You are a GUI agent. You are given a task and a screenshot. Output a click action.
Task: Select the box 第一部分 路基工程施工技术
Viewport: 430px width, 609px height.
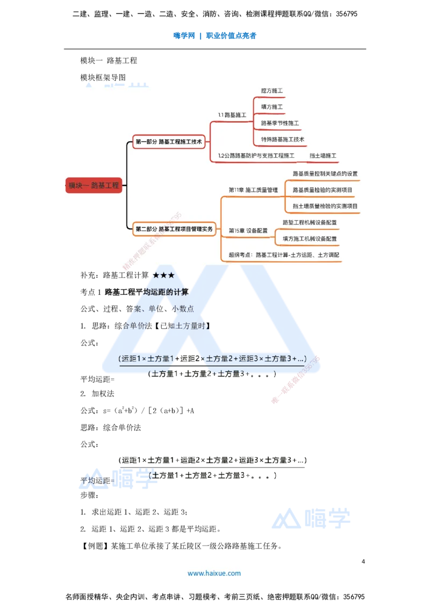[169, 142]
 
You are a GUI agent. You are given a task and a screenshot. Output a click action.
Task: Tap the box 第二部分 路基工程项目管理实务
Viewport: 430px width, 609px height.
[174, 229]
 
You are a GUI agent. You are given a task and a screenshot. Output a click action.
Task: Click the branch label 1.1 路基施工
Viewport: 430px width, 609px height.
[232, 115]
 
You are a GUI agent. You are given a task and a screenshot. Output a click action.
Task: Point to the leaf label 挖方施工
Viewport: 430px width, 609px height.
[272, 91]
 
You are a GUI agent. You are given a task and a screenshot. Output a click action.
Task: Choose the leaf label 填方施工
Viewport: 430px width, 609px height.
[272, 107]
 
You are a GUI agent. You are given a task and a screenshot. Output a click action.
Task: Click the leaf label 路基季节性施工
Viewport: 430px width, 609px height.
[280, 123]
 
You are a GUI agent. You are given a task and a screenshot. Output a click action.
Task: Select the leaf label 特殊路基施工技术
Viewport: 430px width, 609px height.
[283, 139]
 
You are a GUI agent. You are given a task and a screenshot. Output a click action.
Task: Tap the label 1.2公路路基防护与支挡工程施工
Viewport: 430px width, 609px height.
[256, 156]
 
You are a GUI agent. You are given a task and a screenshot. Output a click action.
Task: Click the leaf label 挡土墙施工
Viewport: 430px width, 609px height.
[323, 156]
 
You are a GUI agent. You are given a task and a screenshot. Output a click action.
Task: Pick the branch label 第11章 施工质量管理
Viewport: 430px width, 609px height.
[253, 190]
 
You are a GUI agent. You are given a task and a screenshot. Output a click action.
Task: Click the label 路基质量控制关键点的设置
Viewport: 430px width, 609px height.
[325, 174]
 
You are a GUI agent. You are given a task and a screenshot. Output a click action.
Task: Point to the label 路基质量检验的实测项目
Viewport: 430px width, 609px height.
[322, 190]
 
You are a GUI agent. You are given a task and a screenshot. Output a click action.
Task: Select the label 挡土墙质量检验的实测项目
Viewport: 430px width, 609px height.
[325, 206]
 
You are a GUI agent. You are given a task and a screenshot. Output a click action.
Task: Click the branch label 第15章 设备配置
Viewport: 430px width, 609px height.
[248, 230]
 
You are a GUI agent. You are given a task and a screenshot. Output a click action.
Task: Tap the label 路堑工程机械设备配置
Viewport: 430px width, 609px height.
[310, 222]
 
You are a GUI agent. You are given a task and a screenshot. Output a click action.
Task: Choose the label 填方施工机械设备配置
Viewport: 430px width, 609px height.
[310, 238]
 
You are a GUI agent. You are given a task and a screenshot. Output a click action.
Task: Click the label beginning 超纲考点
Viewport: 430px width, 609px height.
[284, 255]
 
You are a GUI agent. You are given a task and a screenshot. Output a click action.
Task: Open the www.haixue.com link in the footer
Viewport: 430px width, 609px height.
[214, 573]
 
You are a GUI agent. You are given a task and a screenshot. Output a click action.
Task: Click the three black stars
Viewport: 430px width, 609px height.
[163, 276]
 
